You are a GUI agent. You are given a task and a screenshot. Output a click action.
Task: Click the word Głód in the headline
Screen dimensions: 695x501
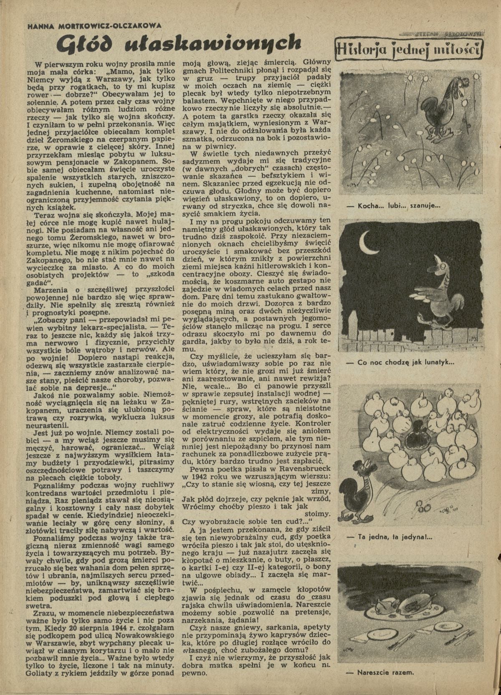[83, 43]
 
